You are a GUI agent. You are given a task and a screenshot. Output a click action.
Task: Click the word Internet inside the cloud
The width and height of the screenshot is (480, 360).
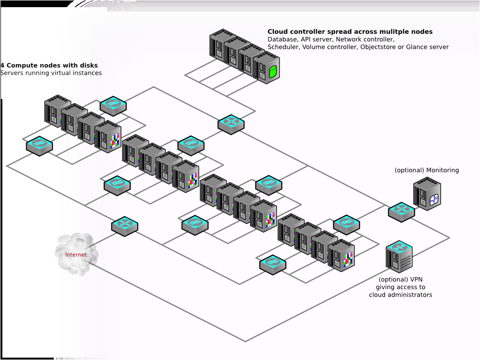(x=76, y=255)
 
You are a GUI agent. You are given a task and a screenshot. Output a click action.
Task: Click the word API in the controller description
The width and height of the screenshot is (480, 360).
(x=307, y=40)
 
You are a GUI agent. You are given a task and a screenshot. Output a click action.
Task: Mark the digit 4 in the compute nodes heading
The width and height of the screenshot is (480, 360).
(x=2, y=65)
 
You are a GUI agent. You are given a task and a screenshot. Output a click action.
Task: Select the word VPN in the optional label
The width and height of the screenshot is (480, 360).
(x=417, y=280)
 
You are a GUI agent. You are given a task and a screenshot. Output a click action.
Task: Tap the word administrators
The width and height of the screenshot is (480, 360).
(x=411, y=295)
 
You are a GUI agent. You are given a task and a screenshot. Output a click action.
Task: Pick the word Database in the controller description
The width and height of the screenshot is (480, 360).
(x=283, y=40)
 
